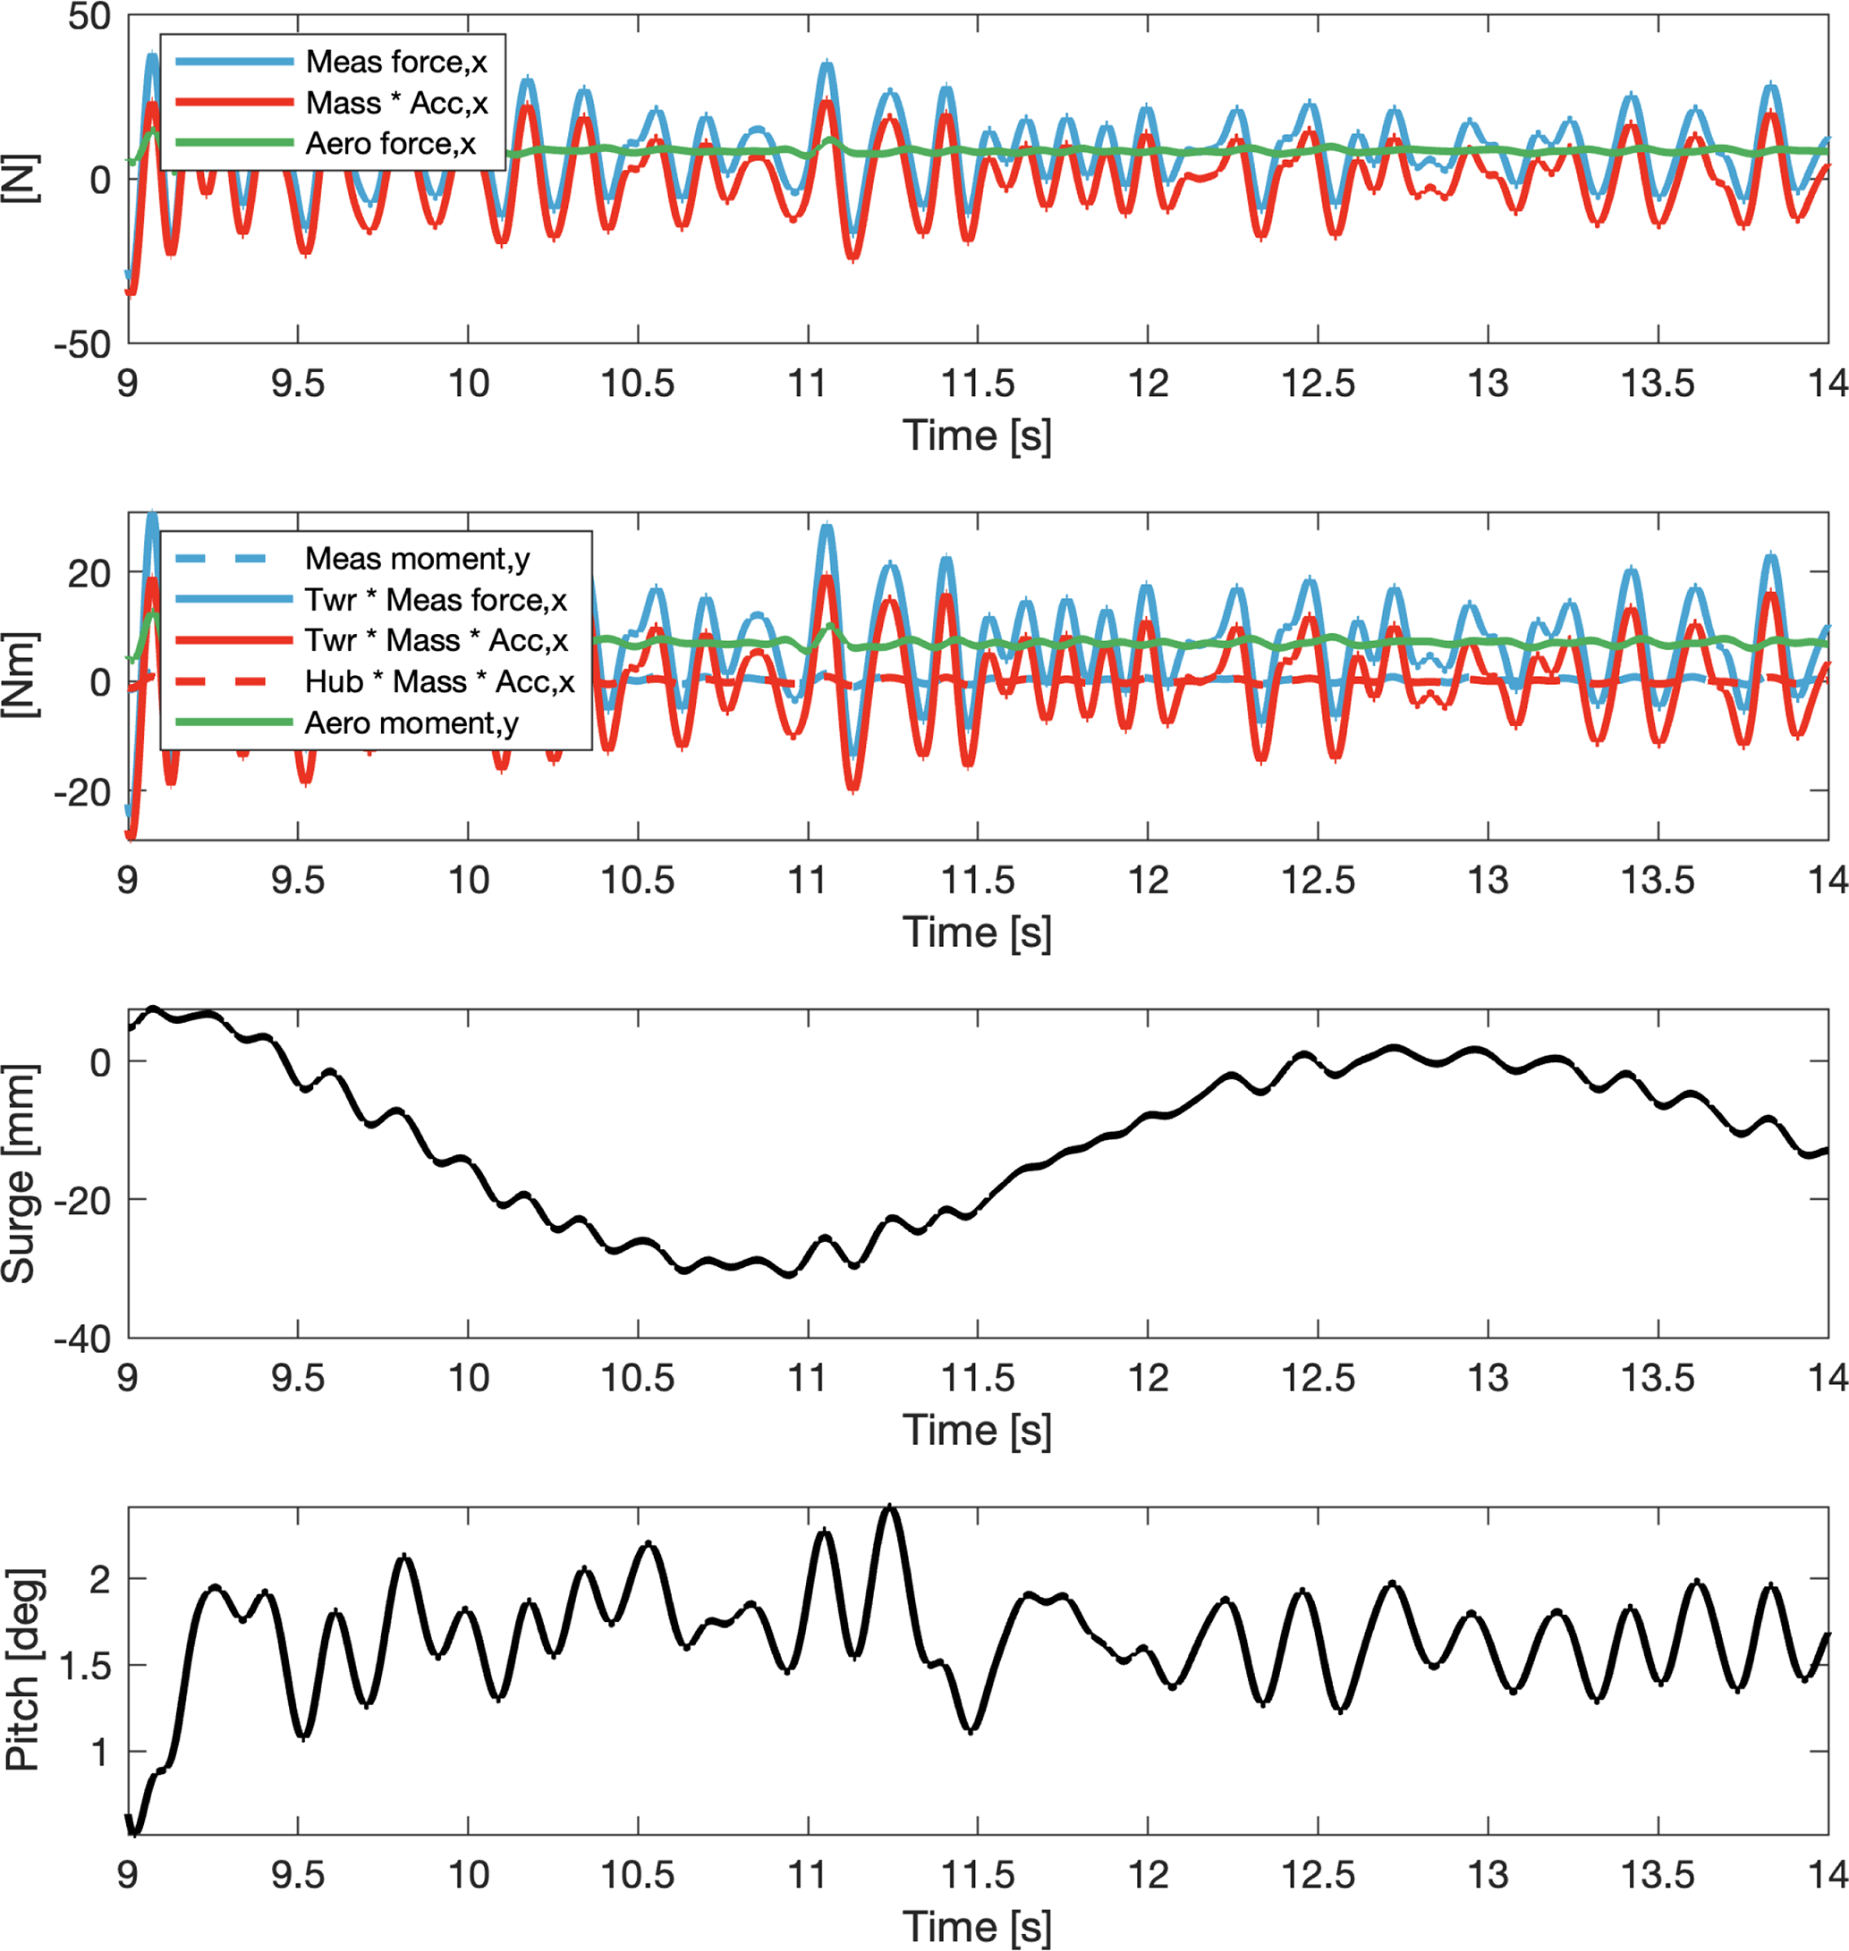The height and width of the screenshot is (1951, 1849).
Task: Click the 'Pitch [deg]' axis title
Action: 21,1670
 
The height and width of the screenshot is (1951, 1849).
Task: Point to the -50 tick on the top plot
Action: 83,346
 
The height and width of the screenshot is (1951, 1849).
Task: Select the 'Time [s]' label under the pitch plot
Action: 977,1925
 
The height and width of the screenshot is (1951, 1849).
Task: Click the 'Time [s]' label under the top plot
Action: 977,435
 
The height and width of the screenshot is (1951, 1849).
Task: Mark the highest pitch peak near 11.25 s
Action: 890,1508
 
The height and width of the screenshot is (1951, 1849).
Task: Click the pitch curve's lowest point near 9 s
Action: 135,1833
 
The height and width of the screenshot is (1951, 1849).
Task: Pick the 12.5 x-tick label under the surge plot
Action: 1318,1378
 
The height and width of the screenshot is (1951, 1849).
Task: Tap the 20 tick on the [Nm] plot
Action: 89,573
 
